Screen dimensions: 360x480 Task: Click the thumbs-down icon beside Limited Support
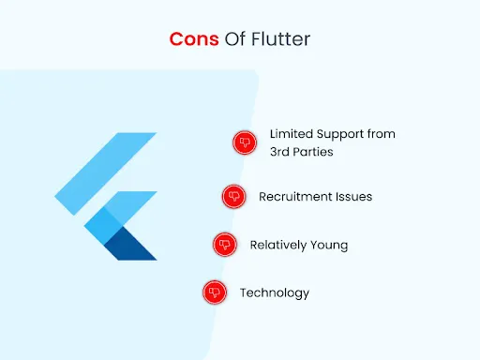[244, 142]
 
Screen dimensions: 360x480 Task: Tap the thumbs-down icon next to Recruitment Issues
[233, 197]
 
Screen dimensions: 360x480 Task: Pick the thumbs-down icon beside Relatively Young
[224, 245]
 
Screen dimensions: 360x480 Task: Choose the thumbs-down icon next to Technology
[215, 292]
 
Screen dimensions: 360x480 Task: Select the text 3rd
[281, 151]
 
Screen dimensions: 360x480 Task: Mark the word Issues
[354, 197]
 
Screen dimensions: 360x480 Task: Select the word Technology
[274, 293]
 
